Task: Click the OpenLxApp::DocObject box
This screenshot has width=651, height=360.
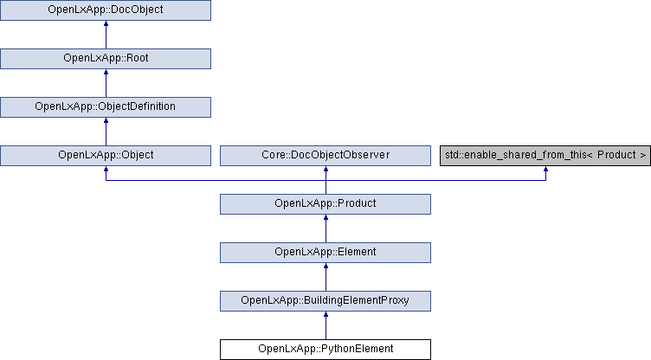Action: click(x=106, y=10)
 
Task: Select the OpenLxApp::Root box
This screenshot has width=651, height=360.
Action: click(x=106, y=59)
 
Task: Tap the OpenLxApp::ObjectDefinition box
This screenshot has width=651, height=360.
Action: click(x=106, y=107)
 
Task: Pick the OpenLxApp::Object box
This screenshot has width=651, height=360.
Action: click(x=106, y=156)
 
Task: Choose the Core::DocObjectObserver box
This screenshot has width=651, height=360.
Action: click(x=325, y=156)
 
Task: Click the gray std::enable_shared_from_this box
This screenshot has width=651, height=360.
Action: click(x=545, y=156)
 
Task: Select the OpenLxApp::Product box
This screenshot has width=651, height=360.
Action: click(x=325, y=204)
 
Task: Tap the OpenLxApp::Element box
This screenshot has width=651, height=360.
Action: click(x=325, y=253)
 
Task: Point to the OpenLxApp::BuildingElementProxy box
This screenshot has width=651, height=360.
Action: click(x=325, y=301)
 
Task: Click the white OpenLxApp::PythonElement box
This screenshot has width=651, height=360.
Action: click(x=325, y=350)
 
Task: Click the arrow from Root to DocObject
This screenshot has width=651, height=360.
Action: click(x=106, y=35)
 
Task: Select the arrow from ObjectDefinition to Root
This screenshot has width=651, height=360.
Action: click(x=106, y=83)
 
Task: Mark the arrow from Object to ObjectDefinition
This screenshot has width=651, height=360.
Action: click(x=106, y=132)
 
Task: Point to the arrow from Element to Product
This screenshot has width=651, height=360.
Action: click(x=325, y=228)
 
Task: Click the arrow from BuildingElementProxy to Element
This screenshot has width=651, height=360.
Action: click(x=325, y=277)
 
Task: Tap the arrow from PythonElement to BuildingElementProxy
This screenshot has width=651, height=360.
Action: click(x=325, y=325)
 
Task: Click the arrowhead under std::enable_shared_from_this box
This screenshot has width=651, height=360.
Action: click(x=545, y=169)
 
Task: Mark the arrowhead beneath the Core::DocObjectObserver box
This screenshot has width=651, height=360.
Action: click(x=325, y=169)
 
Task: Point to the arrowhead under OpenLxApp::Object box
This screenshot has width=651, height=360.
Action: click(x=106, y=169)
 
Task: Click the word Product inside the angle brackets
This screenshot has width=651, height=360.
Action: click(x=616, y=155)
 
